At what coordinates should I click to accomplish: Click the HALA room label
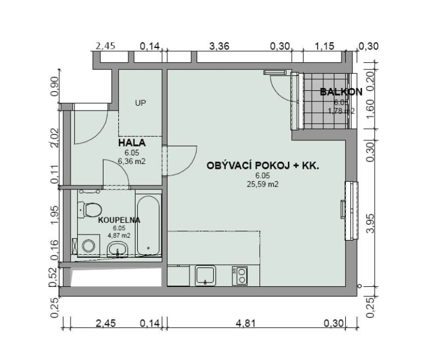click(132, 143)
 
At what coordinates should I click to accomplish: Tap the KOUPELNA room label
click(119, 220)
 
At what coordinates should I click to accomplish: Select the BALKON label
click(341, 92)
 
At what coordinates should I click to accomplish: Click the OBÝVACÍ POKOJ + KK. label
click(263, 165)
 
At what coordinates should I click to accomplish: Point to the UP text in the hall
click(140, 103)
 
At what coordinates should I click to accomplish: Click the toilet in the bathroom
click(90, 210)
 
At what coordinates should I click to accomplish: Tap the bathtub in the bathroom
click(148, 225)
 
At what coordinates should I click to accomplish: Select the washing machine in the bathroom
click(89, 246)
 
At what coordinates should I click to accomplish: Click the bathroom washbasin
click(118, 249)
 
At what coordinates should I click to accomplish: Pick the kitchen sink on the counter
click(205, 275)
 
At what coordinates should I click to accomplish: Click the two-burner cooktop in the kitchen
click(240, 276)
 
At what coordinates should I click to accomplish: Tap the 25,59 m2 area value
click(263, 184)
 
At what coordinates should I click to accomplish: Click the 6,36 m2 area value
click(132, 161)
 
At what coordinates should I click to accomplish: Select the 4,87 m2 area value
click(119, 236)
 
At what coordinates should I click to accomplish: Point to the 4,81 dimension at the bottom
click(246, 323)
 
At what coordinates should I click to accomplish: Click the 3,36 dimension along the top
click(219, 46)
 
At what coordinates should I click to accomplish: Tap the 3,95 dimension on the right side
click(371, 223)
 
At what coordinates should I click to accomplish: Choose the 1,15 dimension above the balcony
click(324, 46)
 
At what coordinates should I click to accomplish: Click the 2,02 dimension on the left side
click(55, 138)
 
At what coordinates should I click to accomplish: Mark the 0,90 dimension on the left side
click(55, 86)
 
